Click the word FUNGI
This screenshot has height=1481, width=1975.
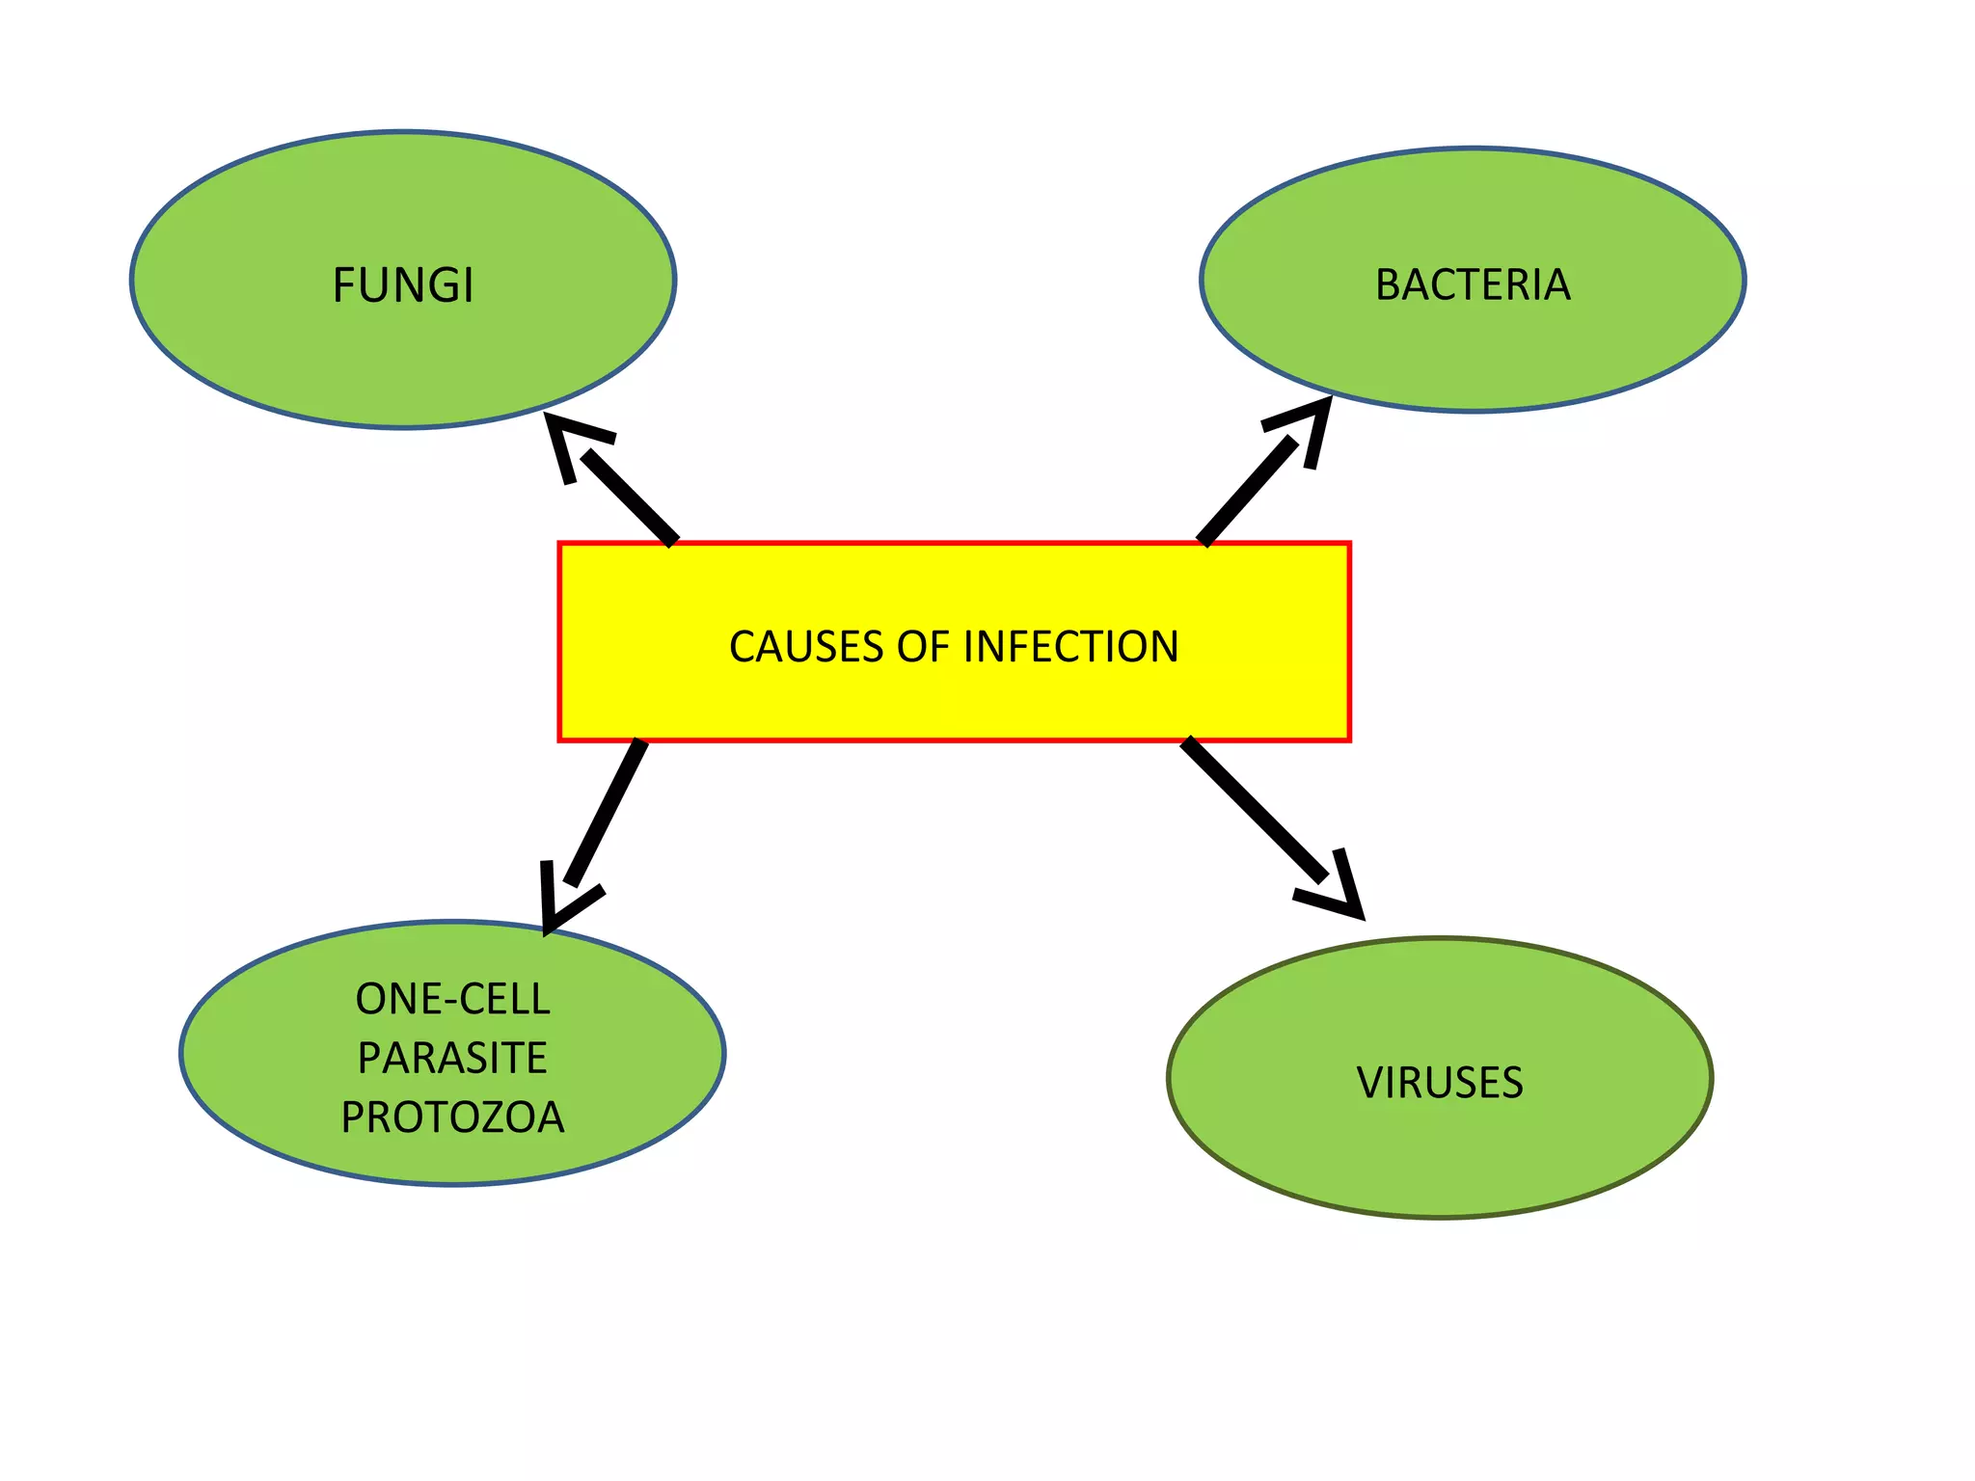[403, 285]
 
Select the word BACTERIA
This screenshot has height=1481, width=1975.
[1473, 285]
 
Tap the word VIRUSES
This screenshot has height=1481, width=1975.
[1440, 1083]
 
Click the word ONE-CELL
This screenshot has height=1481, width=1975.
[452, 999]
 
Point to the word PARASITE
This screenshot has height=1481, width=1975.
[452, 1058]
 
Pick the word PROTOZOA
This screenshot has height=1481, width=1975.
[452, 1117]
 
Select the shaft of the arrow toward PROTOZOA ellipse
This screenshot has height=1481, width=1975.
[606, 812]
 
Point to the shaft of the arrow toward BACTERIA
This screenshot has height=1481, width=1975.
[1248, 491]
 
